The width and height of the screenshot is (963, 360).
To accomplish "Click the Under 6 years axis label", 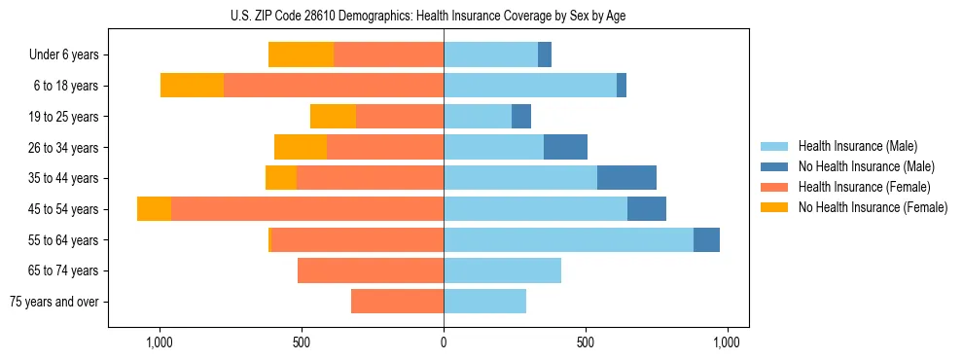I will click(64, 54).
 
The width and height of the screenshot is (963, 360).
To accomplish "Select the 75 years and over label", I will click(54, 302).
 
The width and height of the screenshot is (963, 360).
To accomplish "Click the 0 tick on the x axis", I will click(444, 342).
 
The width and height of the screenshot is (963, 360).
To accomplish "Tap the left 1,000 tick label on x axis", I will click(160, 342).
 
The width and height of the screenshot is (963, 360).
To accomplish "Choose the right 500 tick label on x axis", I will click(586, 342).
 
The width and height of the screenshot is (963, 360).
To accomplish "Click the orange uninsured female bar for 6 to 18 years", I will click(192, 86).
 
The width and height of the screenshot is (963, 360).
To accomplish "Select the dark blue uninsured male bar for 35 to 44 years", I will click(626, 178).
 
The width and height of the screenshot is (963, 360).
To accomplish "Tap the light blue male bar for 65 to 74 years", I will click(502, 270).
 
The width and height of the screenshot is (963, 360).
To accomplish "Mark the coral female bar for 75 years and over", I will click(397, 302).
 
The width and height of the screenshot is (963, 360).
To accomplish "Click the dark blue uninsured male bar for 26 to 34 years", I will click(565, 147).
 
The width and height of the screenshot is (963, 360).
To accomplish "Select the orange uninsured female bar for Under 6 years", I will click(301, 54).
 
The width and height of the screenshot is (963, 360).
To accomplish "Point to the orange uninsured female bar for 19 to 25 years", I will click(333, 117).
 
